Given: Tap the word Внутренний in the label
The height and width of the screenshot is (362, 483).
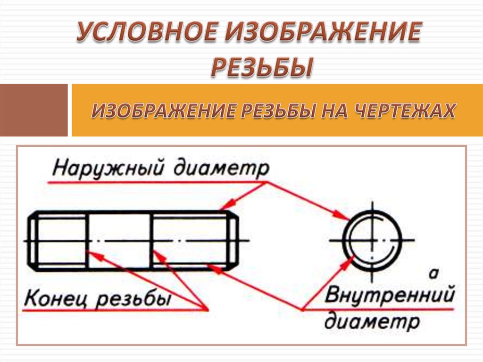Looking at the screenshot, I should point(390,296).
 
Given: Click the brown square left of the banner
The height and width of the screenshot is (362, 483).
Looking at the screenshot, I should point(34,110).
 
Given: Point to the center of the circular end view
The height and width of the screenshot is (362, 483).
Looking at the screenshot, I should point(372,240).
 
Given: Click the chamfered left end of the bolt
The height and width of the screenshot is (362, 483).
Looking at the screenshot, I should point(33,241).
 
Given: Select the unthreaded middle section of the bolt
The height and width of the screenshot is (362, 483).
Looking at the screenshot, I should point(120,241).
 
